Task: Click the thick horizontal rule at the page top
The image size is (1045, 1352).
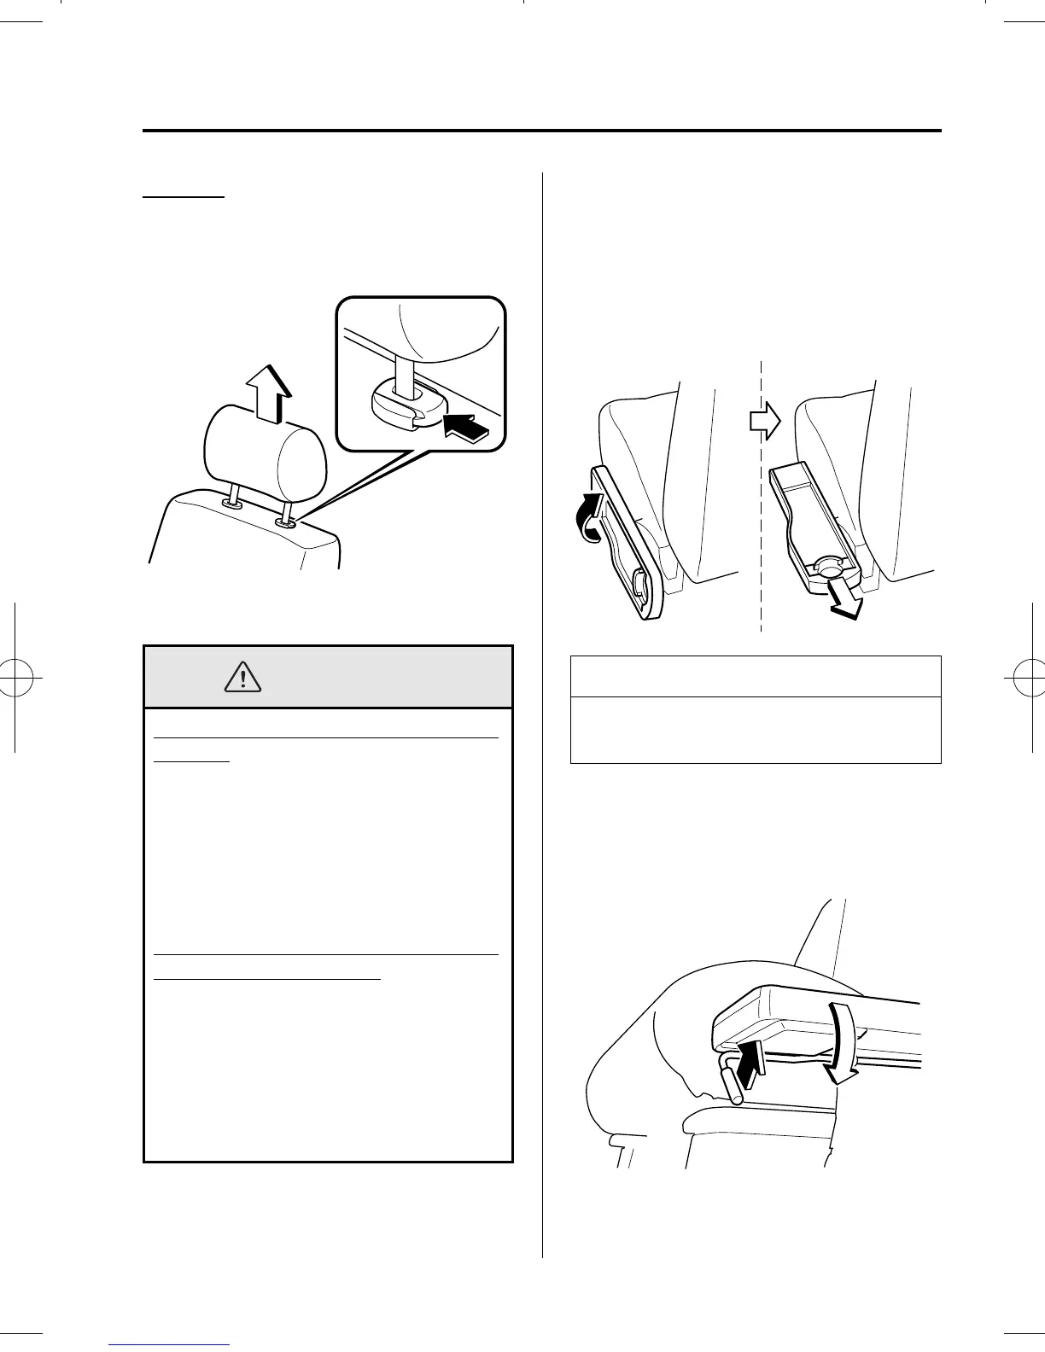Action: [541, 131]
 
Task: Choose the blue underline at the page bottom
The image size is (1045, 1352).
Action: [170, 1344]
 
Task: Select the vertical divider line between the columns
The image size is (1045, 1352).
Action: [543, 683]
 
